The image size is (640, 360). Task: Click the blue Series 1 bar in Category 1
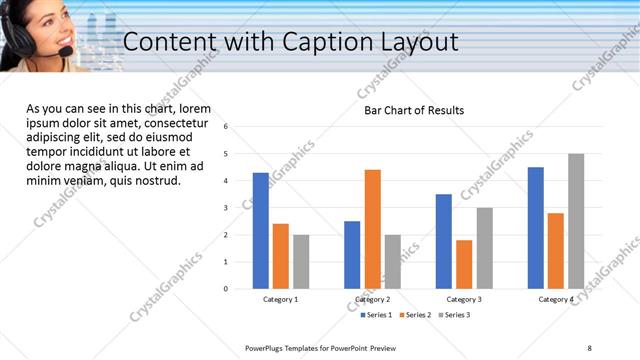pyautogui.click(x=260, y=231)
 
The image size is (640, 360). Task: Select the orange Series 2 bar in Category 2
pyautogui.click(x=372, y=229)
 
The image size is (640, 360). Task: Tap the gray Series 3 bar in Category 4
pyautogui.click(x=576, y=221)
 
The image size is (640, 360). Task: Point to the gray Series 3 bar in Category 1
pyautogui.click(x=301, y=262)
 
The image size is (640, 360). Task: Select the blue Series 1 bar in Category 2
pyautogui.click(x=352, y=255)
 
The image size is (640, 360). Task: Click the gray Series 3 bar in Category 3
pyautogui.click(x=485, y=248)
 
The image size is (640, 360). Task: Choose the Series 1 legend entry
pyautogui.click(x=376, y=315)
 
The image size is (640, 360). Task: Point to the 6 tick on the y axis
pyautogui.click(x=226, y=127)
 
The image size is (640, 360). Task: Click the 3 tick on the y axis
pyautogui.click(x=226, y=208)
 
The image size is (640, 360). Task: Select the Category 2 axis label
pyautogui.click(x=372, y=299)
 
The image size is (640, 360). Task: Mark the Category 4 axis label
pyautogui.click(x=556, y=299)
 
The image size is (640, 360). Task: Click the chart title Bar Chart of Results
pyautogui.click(x=414, y=111)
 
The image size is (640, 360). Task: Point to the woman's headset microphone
pyautogui.click(x=65, y=50)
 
